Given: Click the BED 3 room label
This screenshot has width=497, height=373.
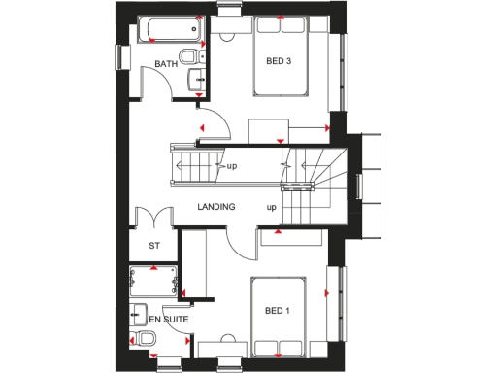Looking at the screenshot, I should click(280, 60).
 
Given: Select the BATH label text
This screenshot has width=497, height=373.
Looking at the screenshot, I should click(165, 64).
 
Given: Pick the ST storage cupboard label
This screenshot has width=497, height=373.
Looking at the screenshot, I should click(153, 246).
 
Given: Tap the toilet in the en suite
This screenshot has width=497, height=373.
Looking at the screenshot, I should click(145, 339).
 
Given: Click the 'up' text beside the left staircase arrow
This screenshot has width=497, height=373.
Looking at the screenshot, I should click(232, 166).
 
